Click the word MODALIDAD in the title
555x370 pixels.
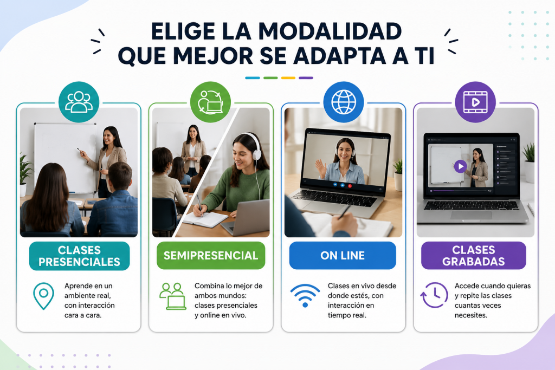(330, 31)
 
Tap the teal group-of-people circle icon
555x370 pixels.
(79, 102)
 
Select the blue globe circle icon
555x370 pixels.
(343, 102)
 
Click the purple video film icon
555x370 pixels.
(475, 102)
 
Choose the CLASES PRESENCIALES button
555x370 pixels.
(79, 256)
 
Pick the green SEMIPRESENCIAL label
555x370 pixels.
(211, 255)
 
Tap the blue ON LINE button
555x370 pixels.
(343, 255)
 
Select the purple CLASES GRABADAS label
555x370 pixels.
(474, 255)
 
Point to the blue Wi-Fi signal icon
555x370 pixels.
(305, 295)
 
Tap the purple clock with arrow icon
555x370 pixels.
(434, 295)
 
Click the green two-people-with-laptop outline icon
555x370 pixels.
(173, 296)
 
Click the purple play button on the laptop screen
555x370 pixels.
(460, 166)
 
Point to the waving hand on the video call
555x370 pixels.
(321, 168)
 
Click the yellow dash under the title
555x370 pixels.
(288, 78)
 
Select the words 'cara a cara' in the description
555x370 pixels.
(83, 315)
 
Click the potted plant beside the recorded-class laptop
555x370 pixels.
(528, 163)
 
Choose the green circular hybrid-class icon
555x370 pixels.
(211, 102)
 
